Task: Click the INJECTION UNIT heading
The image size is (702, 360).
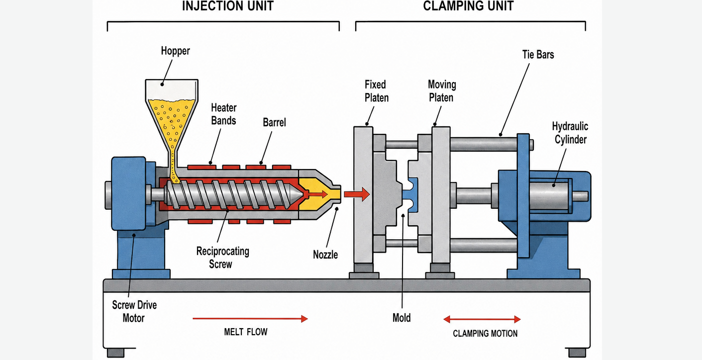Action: (228, 6)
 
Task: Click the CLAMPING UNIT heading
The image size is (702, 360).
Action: (468, 6)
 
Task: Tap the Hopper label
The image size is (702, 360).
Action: (175, 51)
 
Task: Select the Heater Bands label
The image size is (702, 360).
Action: (223, 114)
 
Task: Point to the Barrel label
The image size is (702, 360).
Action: (274, 122)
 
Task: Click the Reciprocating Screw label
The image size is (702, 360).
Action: (222, 258)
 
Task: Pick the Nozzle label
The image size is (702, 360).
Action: (325, 255)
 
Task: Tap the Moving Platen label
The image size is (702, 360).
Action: (442, 91)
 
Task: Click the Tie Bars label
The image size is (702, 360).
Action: (538, 55)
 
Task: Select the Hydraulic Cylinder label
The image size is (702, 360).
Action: (570, 133)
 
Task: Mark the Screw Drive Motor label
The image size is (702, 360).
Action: (134, 311)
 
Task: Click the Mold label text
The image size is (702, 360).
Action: (401, 318)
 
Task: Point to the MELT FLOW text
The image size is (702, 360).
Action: (246, 332)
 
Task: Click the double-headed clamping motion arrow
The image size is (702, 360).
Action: (482, 319)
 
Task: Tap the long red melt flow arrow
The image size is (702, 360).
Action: (250, 319)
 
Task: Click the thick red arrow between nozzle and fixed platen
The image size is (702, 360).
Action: (357, 194)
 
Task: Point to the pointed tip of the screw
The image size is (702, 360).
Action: (302, 195)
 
